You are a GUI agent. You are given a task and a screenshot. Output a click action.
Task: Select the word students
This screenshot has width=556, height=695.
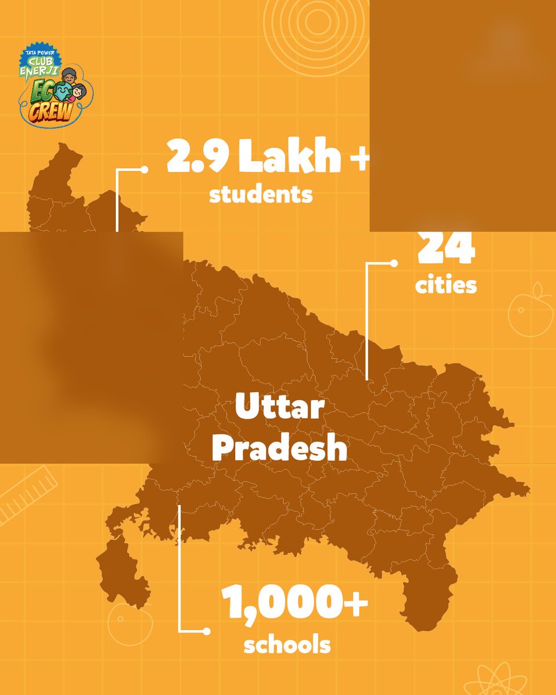[261, 194]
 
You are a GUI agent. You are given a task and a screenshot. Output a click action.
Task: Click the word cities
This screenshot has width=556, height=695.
[446, 285]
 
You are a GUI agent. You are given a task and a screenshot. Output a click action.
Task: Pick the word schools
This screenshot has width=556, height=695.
[287, 645]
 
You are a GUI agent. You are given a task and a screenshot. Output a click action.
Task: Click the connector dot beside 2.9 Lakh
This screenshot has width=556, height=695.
[145, 170]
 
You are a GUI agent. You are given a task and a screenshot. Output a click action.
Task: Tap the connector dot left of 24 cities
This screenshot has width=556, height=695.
[394, 264]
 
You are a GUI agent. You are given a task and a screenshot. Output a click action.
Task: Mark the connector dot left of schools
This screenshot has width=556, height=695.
[206, 630]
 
